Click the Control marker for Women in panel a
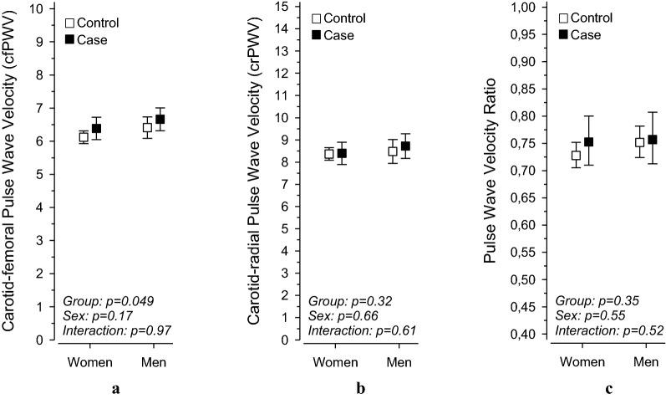click(x=84, y=137)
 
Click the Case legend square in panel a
click(x=73, y=39)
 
